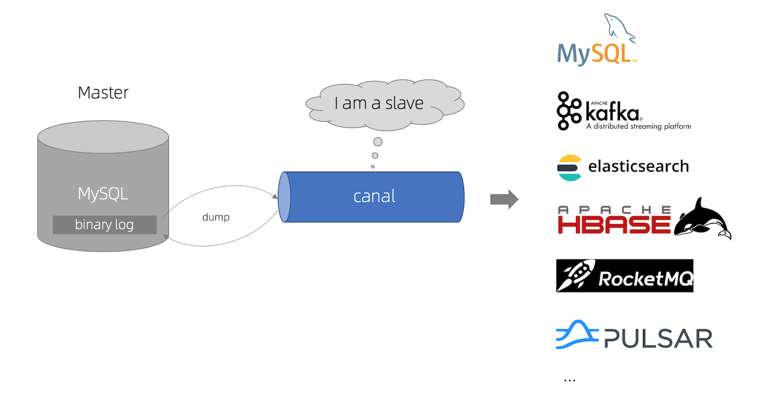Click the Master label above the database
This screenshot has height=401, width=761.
pyautogui.click(x=103, y=92)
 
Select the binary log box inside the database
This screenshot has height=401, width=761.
pyautogui.click(x=105, y=225)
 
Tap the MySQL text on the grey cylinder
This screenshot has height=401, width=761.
pyautogui.click(x=103, y=194)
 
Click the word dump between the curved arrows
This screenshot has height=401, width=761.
pyautogui.click(x=216, y=217)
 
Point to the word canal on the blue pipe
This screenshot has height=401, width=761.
pyautogui.click(x=374, y=196)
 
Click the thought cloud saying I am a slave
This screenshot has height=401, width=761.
pyautogui.click(x=379, y=103)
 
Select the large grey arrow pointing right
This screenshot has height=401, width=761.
pyautogui.click(x=504, y=200)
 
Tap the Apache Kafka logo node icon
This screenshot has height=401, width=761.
pyautogui.click(x=569, y=111)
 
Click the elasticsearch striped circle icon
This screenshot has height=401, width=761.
pyautogui.click(x=569, y=167)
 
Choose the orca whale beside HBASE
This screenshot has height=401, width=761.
pyautogui.click(x=703, y=220)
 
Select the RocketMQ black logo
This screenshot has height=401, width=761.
pyautogui.click(x=625, y=276)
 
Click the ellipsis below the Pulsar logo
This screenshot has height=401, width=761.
pyautogui.click(x=569, y=380)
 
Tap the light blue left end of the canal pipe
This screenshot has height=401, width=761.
pyautogui.click(x=285, y=197)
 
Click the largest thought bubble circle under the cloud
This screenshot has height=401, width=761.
pyautogui.click(x=378, y=141)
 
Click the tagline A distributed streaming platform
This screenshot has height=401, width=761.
pyautogui.click(x=638, y=126)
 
